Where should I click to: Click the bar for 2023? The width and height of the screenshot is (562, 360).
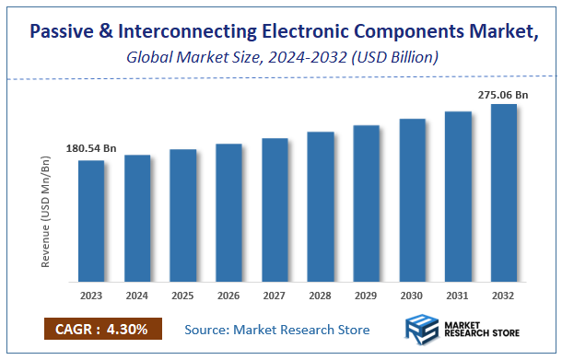click(91, 221)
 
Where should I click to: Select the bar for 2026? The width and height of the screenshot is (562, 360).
click(228, 213)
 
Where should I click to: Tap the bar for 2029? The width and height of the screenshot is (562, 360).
click(367, 203)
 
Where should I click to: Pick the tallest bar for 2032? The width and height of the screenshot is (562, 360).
click(504, 192)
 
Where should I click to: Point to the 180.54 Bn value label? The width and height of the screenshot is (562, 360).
click(91, 148)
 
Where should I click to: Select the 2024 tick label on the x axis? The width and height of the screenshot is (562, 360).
click(137, 296)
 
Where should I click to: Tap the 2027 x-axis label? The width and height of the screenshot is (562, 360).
click(275, 296)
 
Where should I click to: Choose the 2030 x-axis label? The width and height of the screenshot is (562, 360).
click(412, 296)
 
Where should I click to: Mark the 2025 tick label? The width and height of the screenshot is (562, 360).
click(183, 296)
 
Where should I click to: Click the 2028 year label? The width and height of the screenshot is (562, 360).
click(321, 296)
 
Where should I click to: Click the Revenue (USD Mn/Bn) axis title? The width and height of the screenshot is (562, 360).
click(46, 214)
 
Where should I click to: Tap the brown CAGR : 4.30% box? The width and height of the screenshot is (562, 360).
click(101, 330)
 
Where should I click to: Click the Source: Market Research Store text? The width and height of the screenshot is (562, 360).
click(277, 330)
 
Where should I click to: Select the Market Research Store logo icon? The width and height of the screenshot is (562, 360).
click(424, 330)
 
